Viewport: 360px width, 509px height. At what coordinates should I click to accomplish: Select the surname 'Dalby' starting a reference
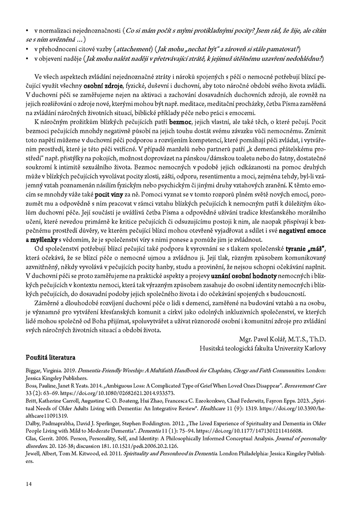coord(34,418)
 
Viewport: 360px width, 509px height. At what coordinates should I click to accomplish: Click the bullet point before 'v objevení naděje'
coord(28,59)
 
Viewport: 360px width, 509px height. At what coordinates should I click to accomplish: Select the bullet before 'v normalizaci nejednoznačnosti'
coord(28,31)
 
